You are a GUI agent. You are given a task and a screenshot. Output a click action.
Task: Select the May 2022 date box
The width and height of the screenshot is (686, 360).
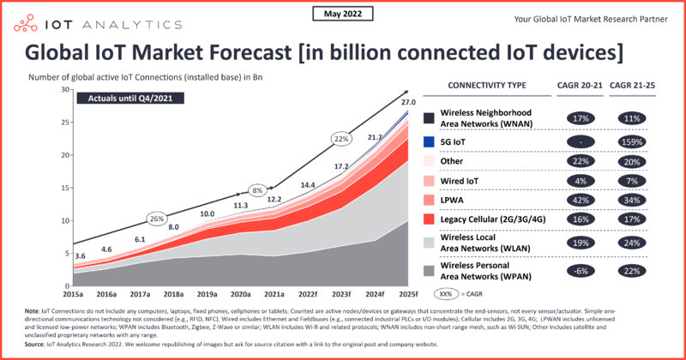[342, 13]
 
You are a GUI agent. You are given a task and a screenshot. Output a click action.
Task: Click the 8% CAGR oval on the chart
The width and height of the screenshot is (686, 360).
[257, 189]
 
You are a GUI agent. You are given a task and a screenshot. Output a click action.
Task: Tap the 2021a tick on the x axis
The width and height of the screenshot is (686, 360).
[274, 294]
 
